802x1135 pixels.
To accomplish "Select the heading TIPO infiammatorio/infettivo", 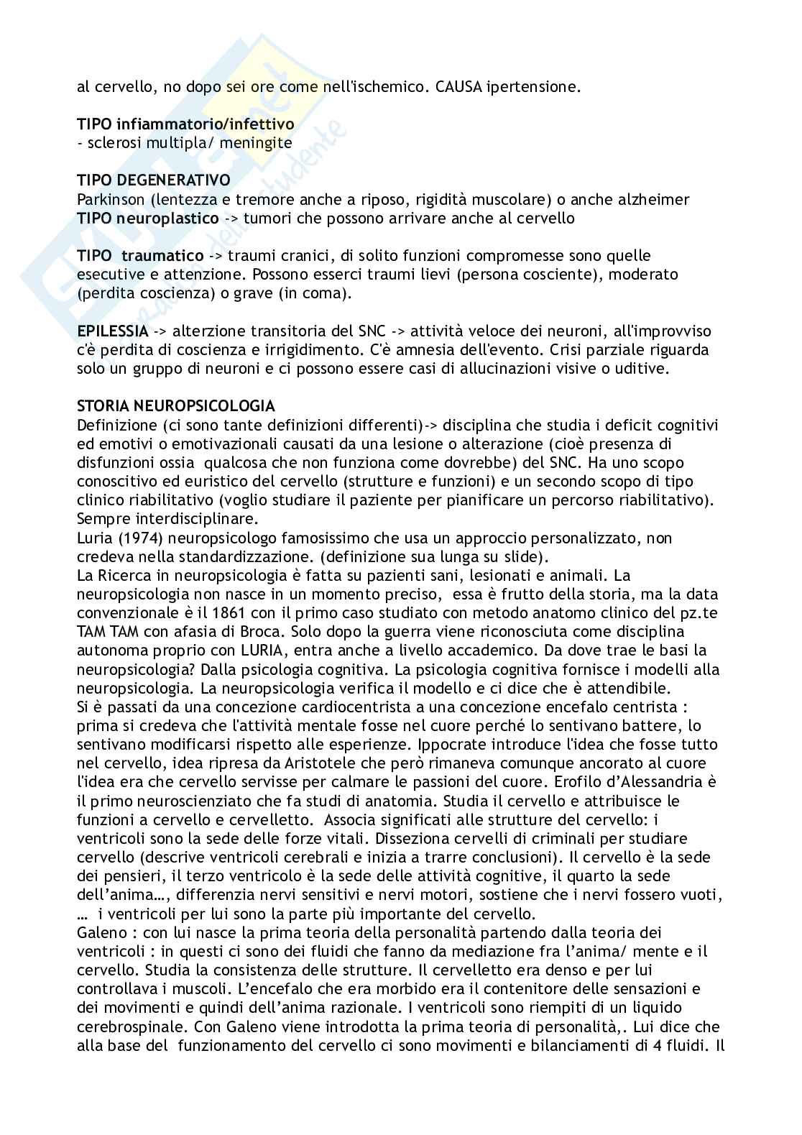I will click(185, 124).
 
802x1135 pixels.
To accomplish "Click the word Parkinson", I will click(109, 199).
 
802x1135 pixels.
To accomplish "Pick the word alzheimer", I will click(655, 199).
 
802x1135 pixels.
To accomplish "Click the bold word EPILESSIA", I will click(113, 331).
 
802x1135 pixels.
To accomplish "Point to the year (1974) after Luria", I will click(134, 538).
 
